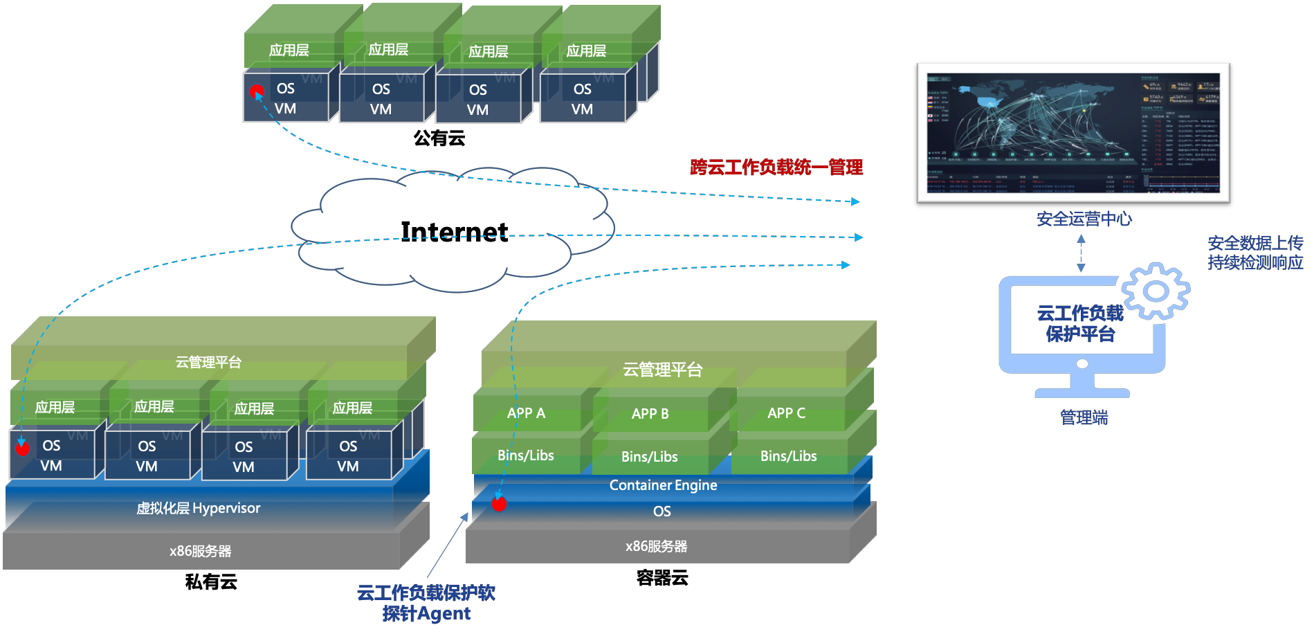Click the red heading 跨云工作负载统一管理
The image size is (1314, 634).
[776, 167]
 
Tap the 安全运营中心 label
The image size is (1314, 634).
[1084, 219]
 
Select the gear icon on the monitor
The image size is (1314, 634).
[1156, 291]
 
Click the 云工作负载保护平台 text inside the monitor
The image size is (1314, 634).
[1080, 324]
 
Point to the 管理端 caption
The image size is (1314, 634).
[1084, 417]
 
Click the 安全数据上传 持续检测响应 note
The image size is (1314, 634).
[1255, 253]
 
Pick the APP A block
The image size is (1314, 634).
[526, 413]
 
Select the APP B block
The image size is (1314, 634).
[650, 414]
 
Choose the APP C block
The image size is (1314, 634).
[786, 413]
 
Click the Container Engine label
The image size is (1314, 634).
[663, 485]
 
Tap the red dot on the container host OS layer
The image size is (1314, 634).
[499, 504]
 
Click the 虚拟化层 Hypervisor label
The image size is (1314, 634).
[199, 509]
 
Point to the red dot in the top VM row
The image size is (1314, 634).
[257, 91]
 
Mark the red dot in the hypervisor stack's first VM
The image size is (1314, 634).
[23, 449]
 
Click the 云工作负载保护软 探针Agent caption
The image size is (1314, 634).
[426, 603]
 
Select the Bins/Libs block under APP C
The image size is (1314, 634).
[788, 456]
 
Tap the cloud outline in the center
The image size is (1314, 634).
[453, 228]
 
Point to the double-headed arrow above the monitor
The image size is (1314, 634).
[1081, 253]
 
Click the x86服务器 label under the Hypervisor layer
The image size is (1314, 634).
[200, 552]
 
